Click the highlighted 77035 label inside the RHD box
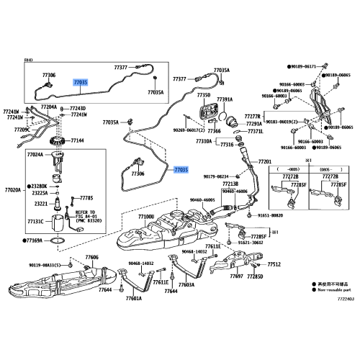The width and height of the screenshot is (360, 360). pyautogui.click(x=81, y=83)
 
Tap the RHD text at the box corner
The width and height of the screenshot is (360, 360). pyautogui.click(x=29, y=63)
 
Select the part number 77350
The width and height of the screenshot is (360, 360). pyautogui.click(x=204, y=95)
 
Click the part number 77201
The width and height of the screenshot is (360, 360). pyautogui.click(x=264, y=162)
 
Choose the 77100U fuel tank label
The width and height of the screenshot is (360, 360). pyautogui.click(x=146, y=216)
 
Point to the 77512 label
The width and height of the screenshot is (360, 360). pyautogui.click(x=274, y=264)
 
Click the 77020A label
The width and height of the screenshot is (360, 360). pyautogui.click(x=14, y=190)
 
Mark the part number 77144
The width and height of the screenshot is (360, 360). pyautogui.click(x=77, y=140)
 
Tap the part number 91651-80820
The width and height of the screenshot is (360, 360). pyautogui.click(x=273, y=215)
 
